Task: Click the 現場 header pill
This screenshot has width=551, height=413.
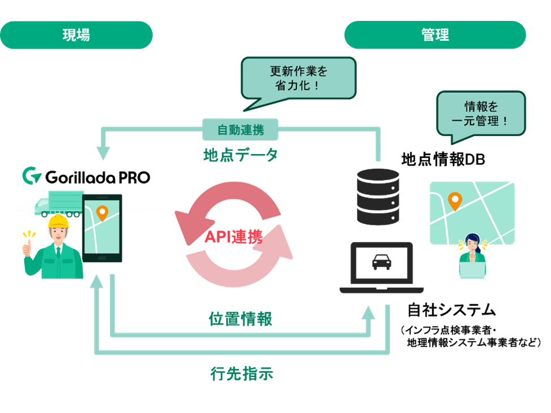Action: (x=76, y=35)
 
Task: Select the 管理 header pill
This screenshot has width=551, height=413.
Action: (x=435, y=35)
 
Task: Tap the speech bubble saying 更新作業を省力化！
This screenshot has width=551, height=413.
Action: (x=298, y=79)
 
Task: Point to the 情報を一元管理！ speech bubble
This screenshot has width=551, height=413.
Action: (x=481, y=113)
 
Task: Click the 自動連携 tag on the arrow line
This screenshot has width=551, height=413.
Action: (x=241, y=130)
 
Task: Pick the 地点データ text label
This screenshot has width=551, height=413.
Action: (x=241, y=155)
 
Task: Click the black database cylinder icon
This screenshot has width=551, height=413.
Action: (x=378, y=195)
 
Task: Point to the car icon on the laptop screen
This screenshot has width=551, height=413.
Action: (x=381, y=261)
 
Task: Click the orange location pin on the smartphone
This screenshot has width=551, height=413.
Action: (x=102, y=213)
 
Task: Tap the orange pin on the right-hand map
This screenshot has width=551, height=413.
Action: (x=454, y=201)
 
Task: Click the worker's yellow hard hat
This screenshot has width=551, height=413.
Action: (x=57, y=222)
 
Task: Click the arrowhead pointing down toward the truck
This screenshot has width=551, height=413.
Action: (x=103, y=154)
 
